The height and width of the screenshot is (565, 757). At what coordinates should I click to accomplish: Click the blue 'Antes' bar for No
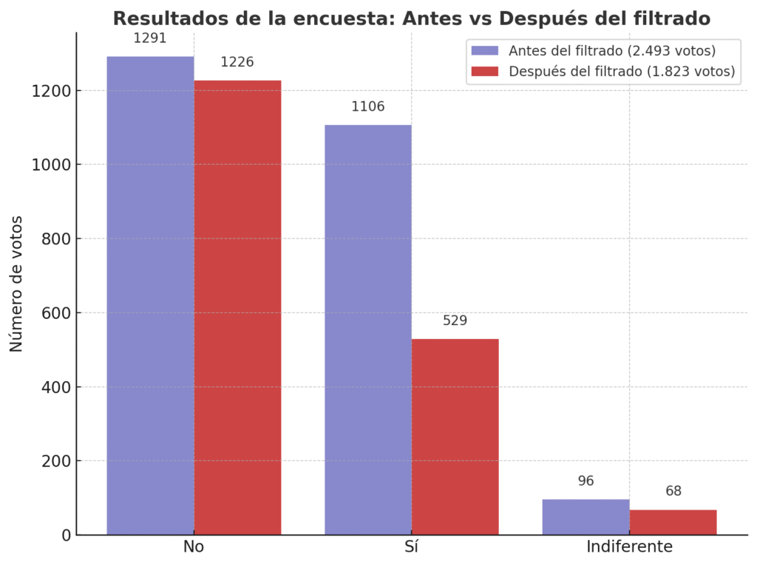coord(150,295)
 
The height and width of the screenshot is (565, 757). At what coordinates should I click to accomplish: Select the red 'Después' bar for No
coord(237,307)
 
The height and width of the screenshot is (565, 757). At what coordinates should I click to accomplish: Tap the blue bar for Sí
coord(367,329)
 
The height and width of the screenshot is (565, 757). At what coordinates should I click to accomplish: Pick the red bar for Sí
coord(455,436)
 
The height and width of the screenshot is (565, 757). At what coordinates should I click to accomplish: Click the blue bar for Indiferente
coord(585,517)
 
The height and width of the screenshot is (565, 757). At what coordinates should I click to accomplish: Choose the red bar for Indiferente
coord(673,522)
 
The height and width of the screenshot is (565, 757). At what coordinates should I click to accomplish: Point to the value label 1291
coord(150,38)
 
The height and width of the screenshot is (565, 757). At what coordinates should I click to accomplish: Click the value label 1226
coord(237,62)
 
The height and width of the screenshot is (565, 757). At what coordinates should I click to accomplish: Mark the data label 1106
coord(367,106)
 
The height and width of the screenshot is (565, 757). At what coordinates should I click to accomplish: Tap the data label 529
coord(455,321)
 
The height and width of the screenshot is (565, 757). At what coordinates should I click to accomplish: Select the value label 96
coord(585,481)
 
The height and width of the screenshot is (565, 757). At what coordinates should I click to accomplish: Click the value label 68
coord(673,491)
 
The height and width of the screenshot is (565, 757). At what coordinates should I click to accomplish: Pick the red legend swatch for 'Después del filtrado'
coord(484,72)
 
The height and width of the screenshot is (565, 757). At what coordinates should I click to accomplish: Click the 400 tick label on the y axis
coord(54,387)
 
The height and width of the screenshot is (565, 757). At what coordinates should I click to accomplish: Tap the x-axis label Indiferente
coord(629,547)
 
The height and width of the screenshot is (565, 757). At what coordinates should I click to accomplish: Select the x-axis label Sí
coord(412,547)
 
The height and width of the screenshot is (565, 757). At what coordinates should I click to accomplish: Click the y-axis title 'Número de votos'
coord(16,284)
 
